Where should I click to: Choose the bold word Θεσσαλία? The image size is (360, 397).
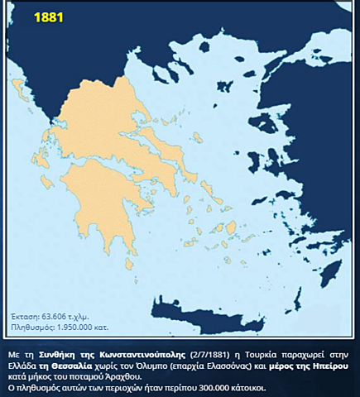pos(79,364)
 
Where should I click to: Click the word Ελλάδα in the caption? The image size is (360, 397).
pos(25,364)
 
